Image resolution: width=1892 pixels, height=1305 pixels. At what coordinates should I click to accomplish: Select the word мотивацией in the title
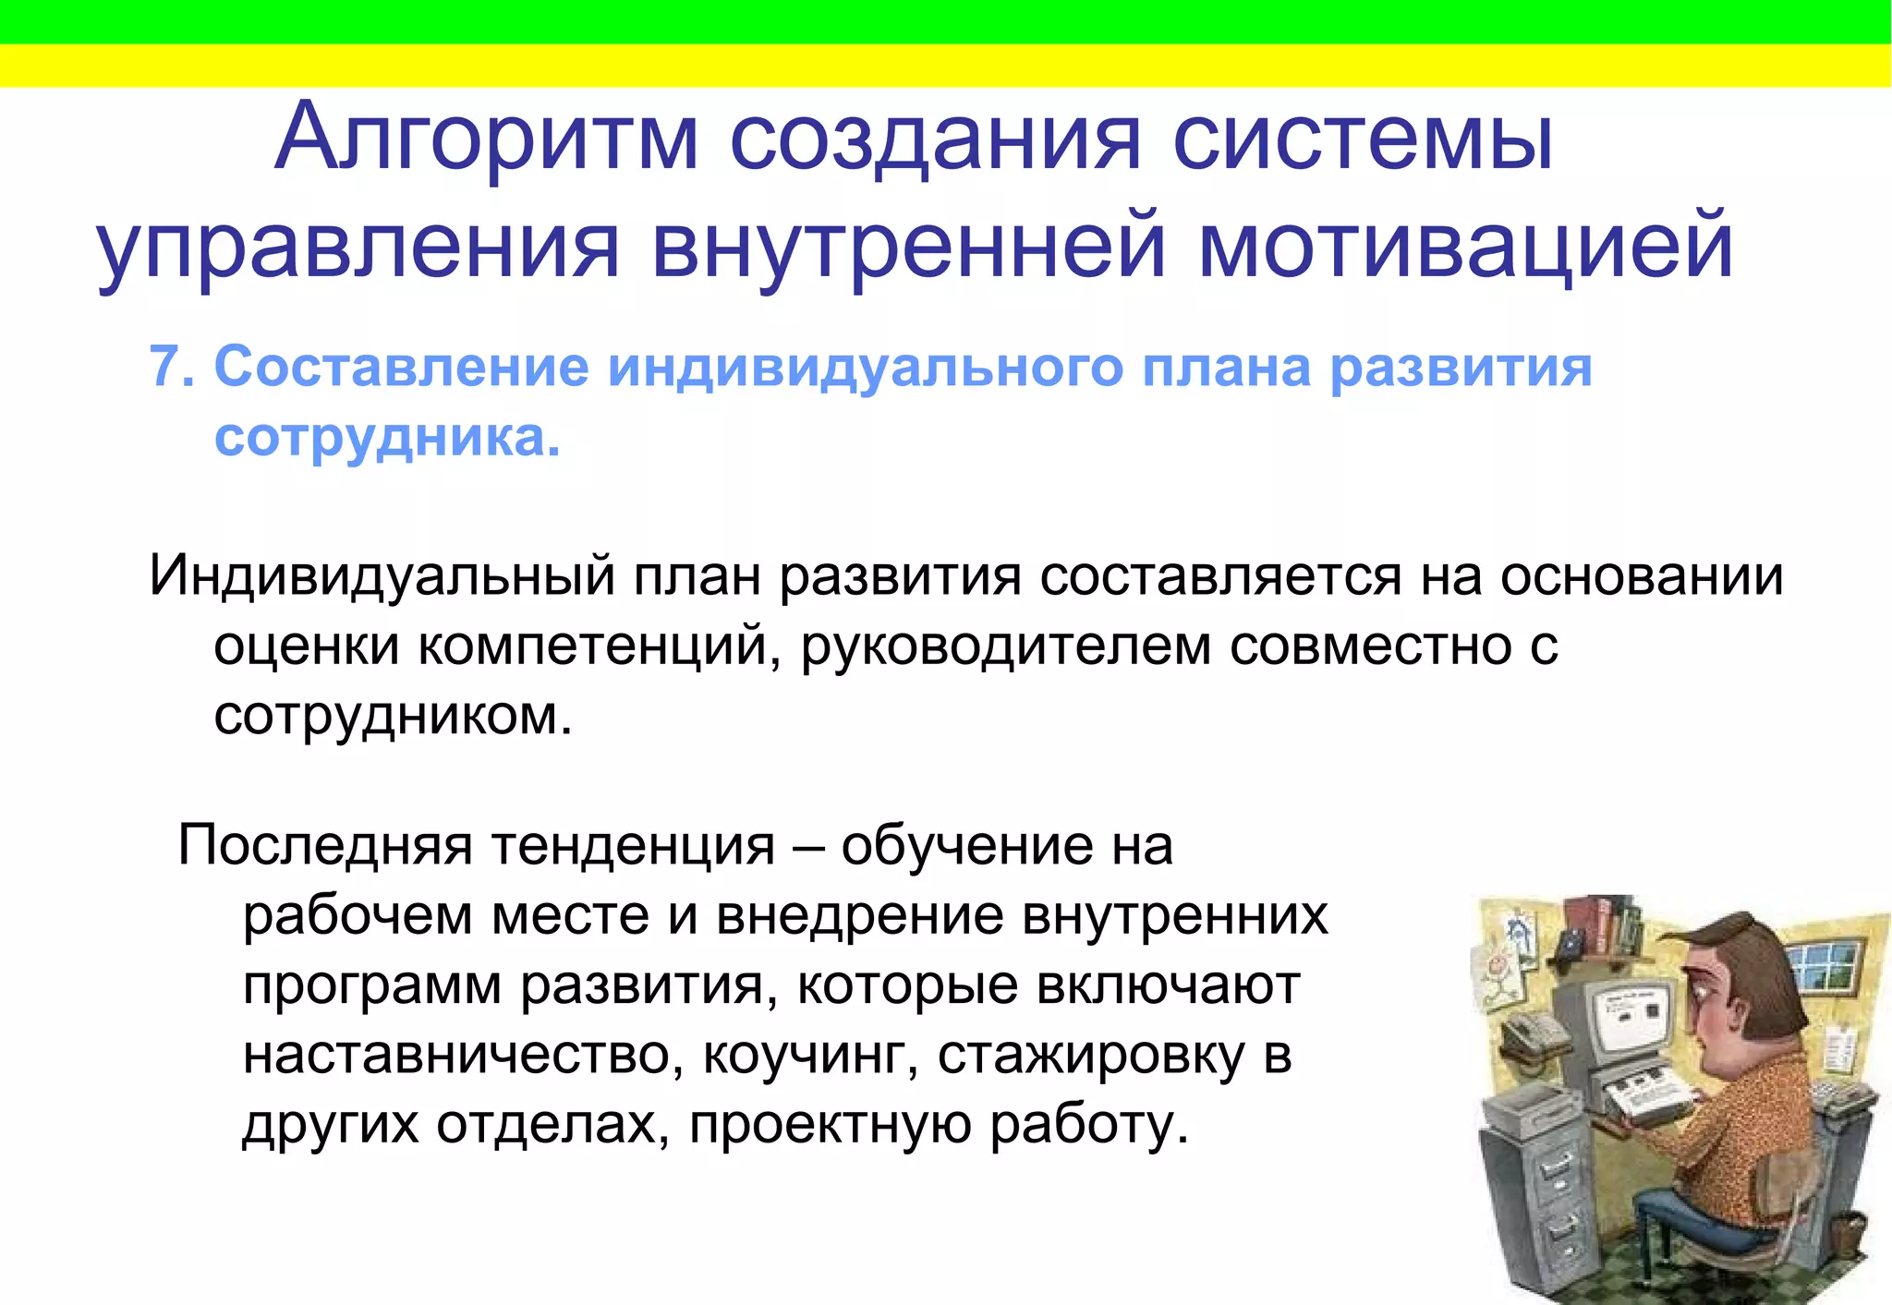point(1465,248)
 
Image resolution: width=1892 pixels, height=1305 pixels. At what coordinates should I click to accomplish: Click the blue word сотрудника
point(386,437)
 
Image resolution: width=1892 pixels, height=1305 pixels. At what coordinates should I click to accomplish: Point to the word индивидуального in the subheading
point(865,368)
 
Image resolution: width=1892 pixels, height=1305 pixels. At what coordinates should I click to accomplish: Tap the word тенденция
point(633,844)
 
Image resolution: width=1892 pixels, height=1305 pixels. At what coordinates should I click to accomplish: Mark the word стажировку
point(1090,1055)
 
